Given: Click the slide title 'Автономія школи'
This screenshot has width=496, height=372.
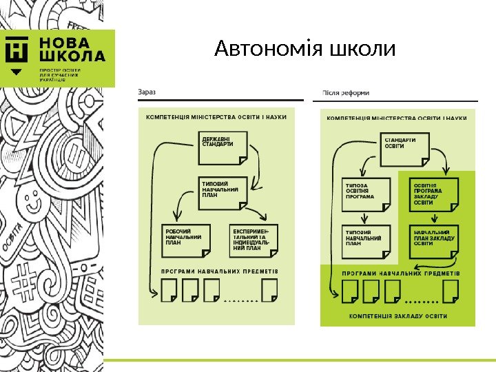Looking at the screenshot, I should (x=305, y=50).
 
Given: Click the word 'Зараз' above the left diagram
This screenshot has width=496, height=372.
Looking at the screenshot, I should (x=147, y=92).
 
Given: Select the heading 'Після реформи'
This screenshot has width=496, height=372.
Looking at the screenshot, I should (x=346, y=92).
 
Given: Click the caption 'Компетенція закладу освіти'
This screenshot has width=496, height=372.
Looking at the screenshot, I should (x=397, y=316).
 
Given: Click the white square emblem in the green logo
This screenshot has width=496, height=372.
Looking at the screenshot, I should (x=18, y=50).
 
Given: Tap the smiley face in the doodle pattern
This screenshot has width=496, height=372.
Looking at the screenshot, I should (x=31, y=205).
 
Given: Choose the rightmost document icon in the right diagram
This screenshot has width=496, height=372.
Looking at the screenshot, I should (x=451, y=291).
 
